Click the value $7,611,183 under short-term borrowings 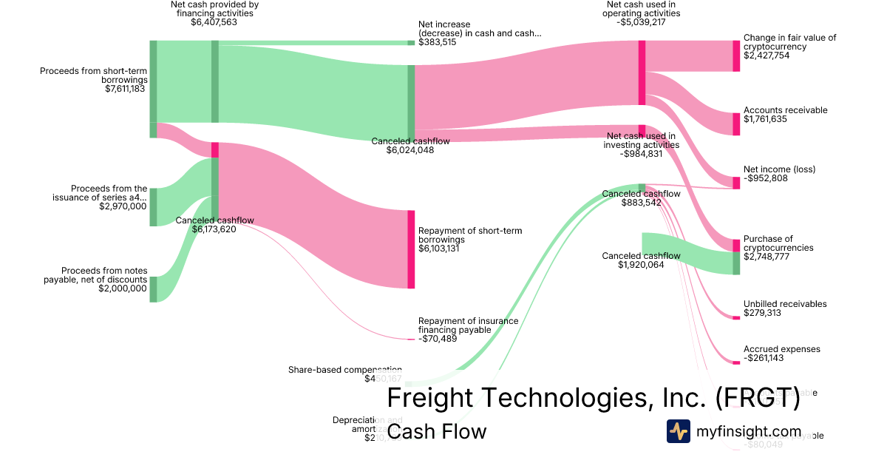coord(125,89)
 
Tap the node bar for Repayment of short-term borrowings coord(411,249)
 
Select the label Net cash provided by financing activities coord(214,8)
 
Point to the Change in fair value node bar coord(735,56)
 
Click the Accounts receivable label coord(785,110)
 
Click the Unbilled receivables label coord(785,304)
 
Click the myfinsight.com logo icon coord(678,431)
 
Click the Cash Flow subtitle coord(437,431)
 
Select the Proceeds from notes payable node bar coord(153,289)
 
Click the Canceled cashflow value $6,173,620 coord(214,229)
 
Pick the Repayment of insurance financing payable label coord(468,325)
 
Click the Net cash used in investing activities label coord(640,141)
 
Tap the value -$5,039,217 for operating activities coord(642,22)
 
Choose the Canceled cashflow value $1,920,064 coord(642,265)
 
